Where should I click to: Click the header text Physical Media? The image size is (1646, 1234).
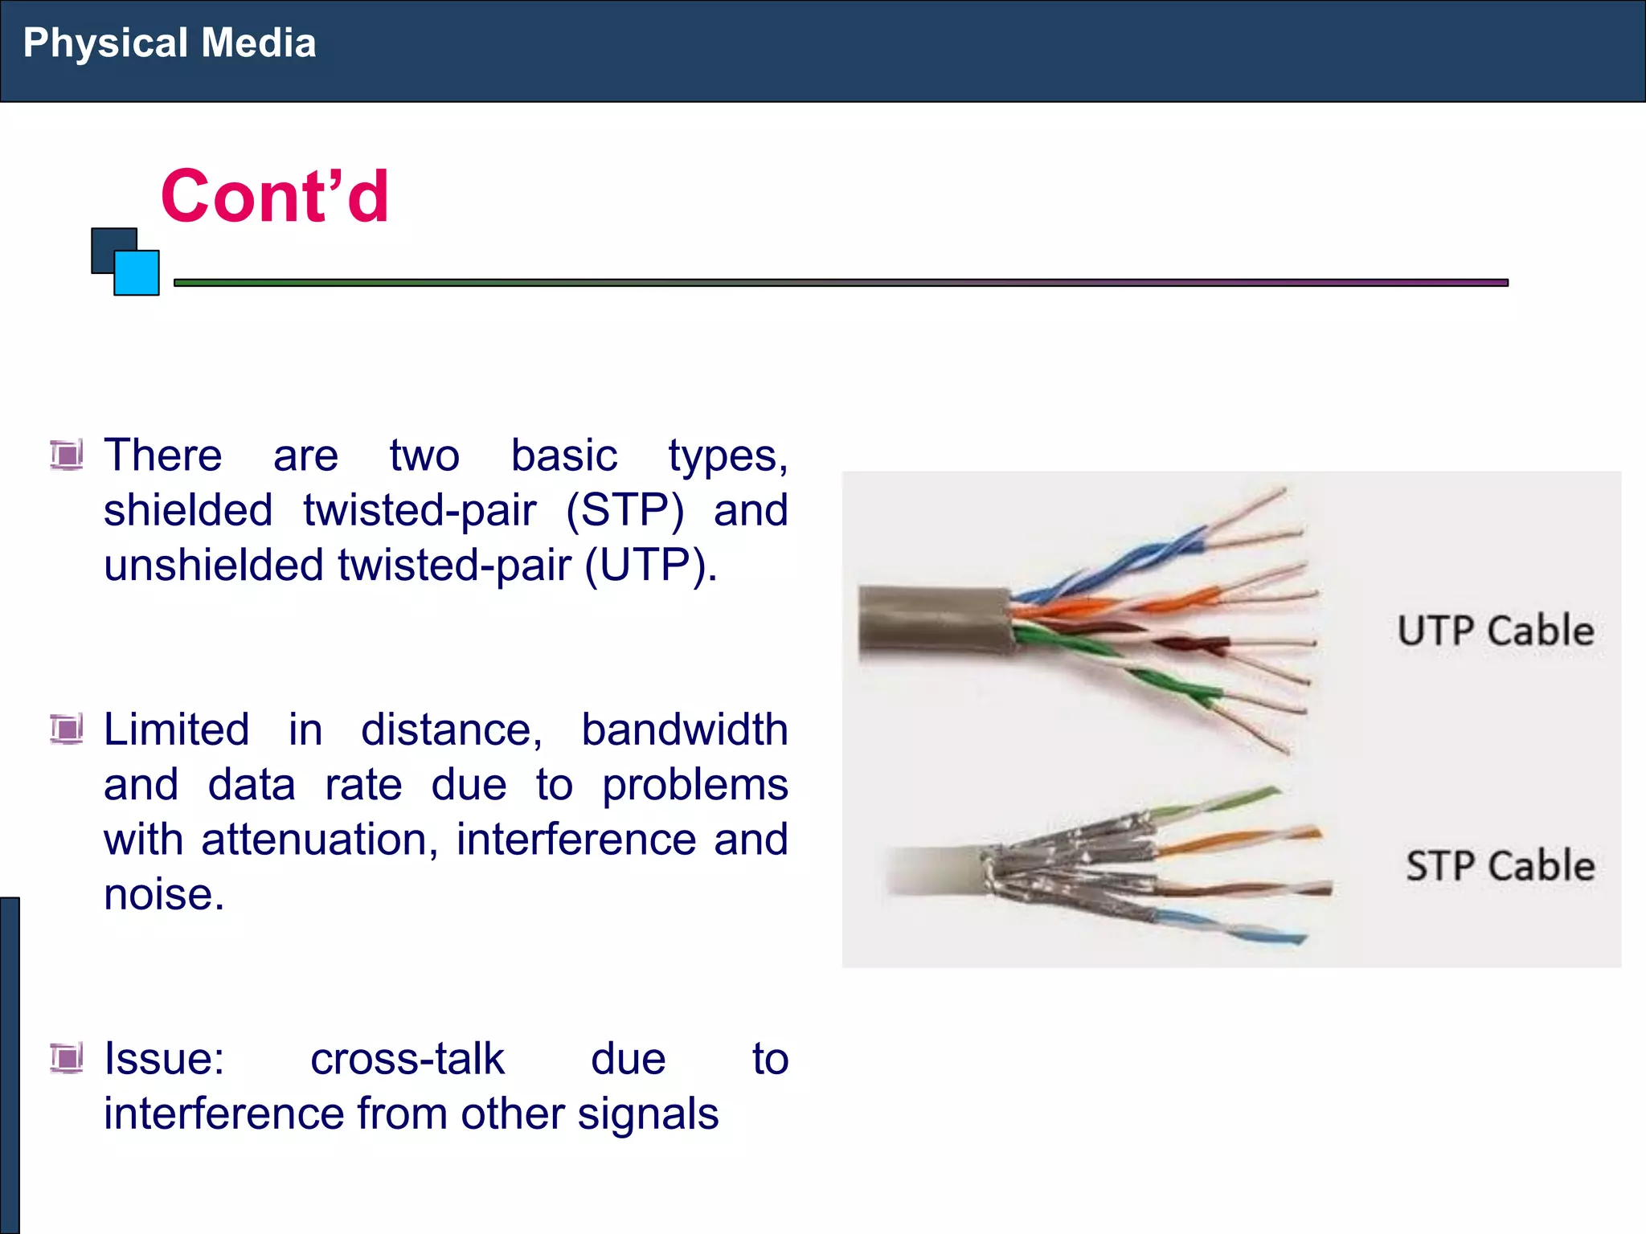[169, 43]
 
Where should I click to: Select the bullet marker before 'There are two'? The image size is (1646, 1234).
[67, 456]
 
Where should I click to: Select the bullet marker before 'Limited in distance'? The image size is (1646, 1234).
[67, 729]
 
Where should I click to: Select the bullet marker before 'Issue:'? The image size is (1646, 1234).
[67, 1058]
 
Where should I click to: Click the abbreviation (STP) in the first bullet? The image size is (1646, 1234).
[625, 511]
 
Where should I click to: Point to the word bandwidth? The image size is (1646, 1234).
[684, 730]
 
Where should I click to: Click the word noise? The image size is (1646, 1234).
[163, 895]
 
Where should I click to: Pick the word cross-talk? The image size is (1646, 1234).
[407, 1060]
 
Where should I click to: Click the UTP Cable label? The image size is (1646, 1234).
[1495, 631]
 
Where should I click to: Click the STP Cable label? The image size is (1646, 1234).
[1500, 866]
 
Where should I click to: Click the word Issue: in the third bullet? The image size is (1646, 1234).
[164, 1060]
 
